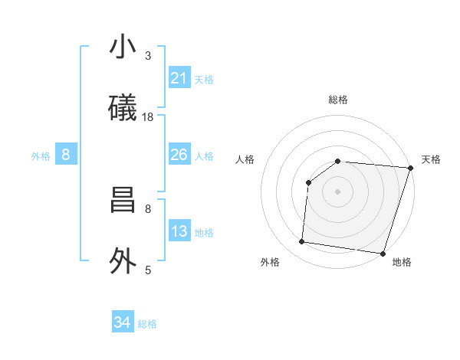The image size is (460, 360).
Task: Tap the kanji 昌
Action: pyautogui.click(x=123, y=201)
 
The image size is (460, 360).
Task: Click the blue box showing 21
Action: pyautogui.click(x=179, y=77)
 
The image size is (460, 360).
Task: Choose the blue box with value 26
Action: pyautogui.click(x=179, y=155)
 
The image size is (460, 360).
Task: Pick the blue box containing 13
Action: pyautogui.click(x=179, y=231)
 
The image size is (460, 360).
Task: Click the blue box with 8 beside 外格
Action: pyautogui.click(x=66, y=155)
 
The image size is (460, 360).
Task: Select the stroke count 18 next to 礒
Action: pyautogui.click(x=148, y=117)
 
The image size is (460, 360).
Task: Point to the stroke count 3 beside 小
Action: pyautogui.click(x=148, y=55)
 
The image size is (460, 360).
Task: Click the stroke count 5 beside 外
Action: pyautogui.click(x=148, y=270)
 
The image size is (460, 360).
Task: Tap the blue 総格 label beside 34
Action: pyautogui.click(x=147, y=324)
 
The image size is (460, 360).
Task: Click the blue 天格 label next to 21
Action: pyautogui.click(x=204, y=79)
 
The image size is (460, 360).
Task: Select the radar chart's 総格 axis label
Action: pyautogui.click(x=338, y=100)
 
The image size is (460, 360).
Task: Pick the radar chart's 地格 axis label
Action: pyautogui.click(x=402, y=262)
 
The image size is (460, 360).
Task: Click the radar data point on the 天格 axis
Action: pyautogui.click(x=409, y=168)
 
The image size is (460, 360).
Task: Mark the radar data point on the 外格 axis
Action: pyautogui.click(x=301, y=242)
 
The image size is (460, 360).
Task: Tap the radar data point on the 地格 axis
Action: pyautogui.click(x=382, y=254)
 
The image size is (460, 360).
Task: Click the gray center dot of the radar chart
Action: pyautogui.click(x=337, y=191)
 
